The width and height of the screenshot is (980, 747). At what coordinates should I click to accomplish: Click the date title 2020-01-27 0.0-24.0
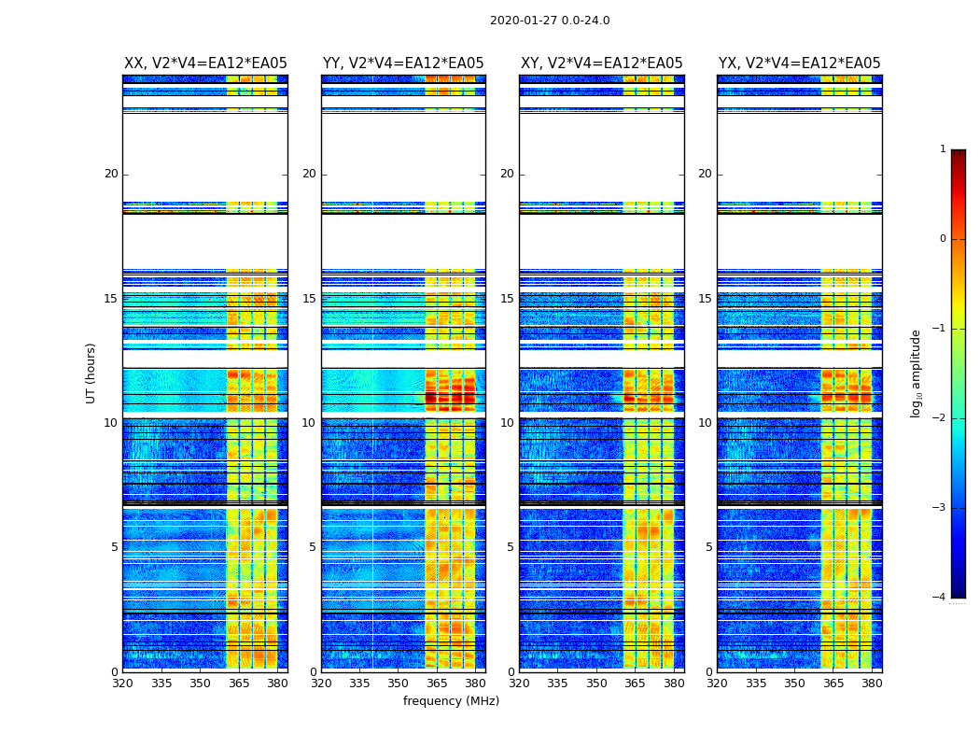pos(550,21)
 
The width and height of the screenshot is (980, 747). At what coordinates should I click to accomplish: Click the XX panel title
pos(205,63)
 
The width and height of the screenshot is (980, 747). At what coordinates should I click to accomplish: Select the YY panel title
pos(403,63)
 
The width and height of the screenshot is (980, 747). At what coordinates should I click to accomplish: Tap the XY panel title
pos(601,63)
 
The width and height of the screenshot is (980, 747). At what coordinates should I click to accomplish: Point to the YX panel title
pos(799,63)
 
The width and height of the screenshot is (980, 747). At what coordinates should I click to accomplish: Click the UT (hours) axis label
pos(91,373)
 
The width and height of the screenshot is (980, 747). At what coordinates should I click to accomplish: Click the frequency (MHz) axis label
pos(451,701)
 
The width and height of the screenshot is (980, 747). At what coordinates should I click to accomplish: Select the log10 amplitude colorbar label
pos(917,373)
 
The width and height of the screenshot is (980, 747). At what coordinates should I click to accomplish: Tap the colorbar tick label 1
pos(942,149)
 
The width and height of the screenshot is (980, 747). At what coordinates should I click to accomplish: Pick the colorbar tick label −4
pos(940,598)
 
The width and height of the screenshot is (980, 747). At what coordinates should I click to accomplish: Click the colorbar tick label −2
pos(940,418)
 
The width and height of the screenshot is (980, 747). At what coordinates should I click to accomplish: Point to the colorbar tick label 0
pos(942,239)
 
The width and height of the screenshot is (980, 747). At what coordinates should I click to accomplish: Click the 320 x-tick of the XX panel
pos(123,684)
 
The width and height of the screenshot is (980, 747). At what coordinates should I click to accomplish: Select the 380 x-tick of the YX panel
pos(872,684)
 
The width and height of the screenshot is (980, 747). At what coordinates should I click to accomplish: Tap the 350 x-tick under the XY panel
pos(596,684)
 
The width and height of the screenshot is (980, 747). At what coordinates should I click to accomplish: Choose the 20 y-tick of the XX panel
pos(111,174)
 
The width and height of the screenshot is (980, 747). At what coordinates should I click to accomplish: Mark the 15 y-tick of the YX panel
pos(705,299)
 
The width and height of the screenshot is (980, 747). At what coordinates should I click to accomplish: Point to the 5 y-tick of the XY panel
pos(510,547)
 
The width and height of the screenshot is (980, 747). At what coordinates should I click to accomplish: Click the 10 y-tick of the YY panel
pos(309,423)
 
